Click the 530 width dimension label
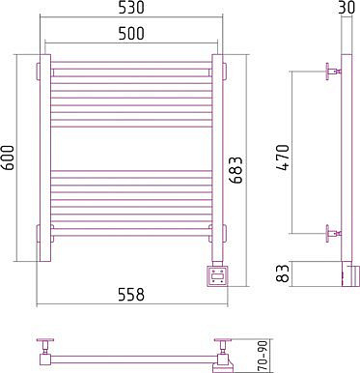[x=130, y=9]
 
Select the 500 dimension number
[x=130, y=34]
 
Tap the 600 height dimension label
[x=9, y=158]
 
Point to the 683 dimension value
[x=235, y=170]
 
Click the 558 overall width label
[x=130, y=295]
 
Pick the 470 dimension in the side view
[x=283, y=158]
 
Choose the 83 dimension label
[x=283, y=273]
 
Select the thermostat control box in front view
[x=218, y=275]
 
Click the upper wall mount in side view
[x=333, y=72]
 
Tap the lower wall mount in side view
[x=333, y=233]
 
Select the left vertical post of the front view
[x=45, y=158]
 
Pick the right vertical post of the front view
[x=217, y=158]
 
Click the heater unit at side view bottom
[x=349, y=274]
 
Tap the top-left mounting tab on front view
[x=38, y=72]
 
